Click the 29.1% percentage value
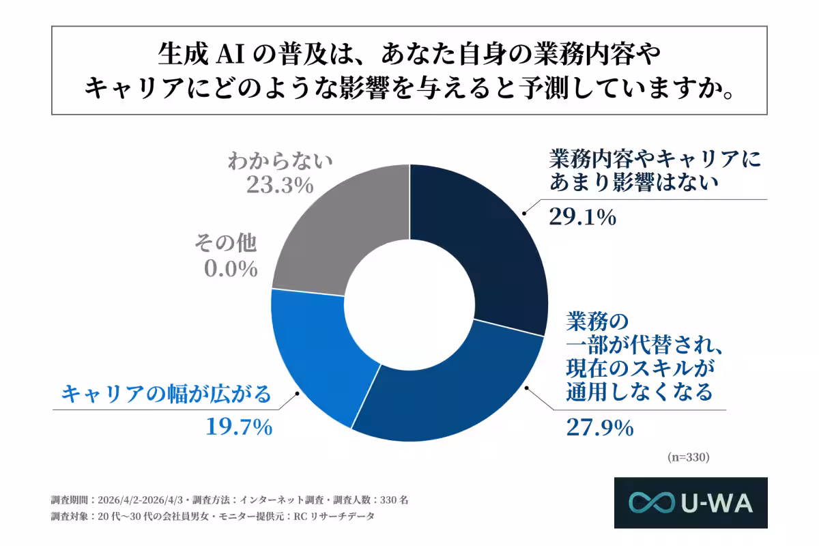point(583,217)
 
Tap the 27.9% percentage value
point(600,428)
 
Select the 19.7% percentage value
point(240,427)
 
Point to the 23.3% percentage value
point(281,185)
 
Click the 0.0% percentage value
point(231,268)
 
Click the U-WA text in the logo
point(716,503)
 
